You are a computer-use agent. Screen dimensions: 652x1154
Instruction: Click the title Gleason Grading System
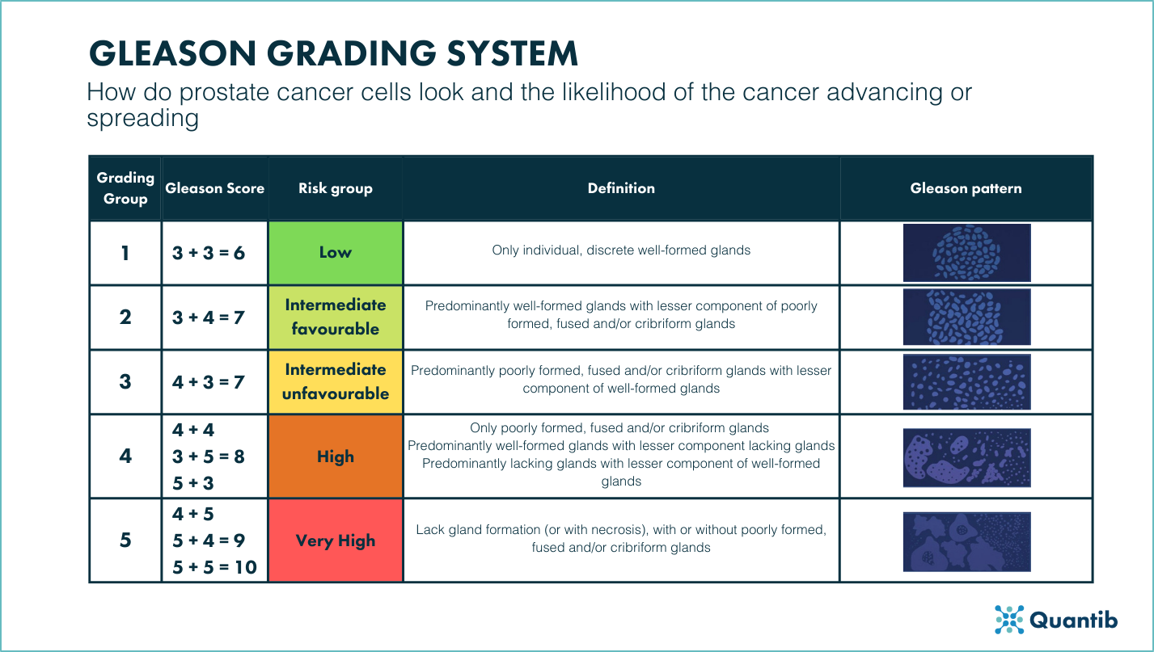332,53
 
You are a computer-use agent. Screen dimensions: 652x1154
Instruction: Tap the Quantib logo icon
1009,619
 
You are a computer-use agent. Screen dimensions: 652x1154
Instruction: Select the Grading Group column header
125,188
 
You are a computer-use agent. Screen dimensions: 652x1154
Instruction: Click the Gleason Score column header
214,188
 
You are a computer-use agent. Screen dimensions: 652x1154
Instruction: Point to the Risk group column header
336,188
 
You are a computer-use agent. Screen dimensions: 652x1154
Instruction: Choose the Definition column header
621,188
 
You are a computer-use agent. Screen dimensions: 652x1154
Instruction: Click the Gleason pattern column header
966,188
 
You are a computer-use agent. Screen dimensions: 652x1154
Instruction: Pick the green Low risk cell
336,252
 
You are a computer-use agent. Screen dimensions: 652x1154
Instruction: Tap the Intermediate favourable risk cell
336,317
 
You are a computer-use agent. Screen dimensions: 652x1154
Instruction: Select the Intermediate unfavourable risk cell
336,381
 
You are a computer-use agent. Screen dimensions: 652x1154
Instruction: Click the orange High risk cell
336,456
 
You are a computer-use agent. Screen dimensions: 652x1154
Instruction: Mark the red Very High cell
336,541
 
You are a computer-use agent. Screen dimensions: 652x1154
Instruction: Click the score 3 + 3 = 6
209,253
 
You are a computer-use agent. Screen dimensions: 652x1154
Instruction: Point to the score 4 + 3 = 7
209,381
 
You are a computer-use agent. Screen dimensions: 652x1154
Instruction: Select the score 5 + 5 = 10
214,567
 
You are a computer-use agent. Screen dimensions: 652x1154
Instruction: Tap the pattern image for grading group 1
966,253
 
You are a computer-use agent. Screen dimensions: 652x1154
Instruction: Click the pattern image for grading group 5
966,541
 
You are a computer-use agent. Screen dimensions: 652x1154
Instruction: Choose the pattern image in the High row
966,457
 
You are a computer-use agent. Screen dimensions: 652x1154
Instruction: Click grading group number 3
125,381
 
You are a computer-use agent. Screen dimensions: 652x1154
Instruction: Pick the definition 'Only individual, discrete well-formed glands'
621,250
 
